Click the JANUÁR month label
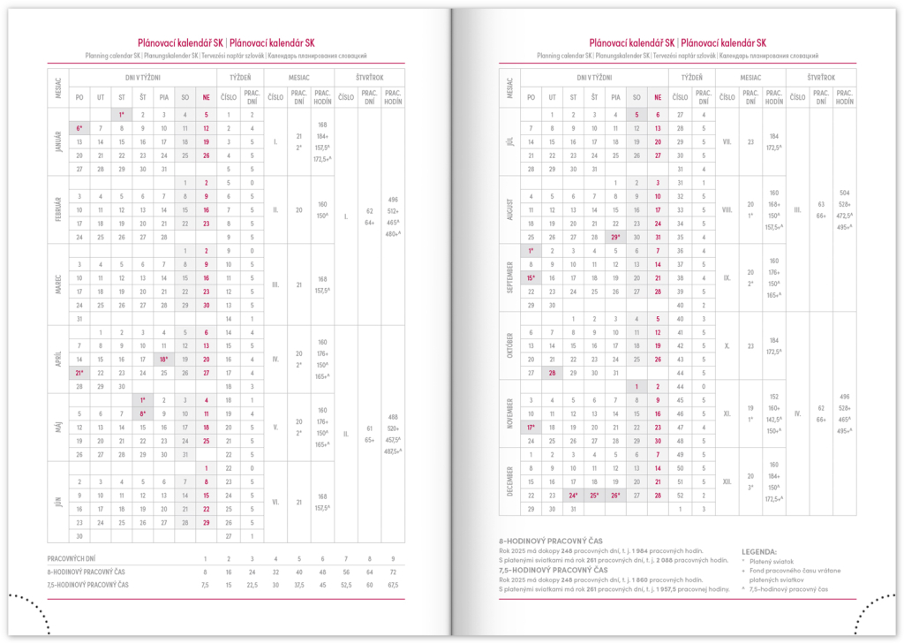tap(58, 140)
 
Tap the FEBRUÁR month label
tap(58, 209)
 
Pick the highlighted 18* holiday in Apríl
tap(164, 360)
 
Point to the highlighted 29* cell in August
tap(615, 237)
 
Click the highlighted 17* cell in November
tap(531, 428)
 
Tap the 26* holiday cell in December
tap(615, 496)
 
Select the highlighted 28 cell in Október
tap(552, 373)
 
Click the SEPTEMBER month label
tap(509, 277)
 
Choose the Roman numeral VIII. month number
tap(727, 209)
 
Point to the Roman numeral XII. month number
tap(727, 481)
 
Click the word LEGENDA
tap(758, 549)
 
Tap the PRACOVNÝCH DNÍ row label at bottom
tap(79, 559)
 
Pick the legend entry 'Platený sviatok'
tap(778, 559)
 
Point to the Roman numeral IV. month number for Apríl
tap(275, 360)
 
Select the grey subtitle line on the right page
tap(677, 55)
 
